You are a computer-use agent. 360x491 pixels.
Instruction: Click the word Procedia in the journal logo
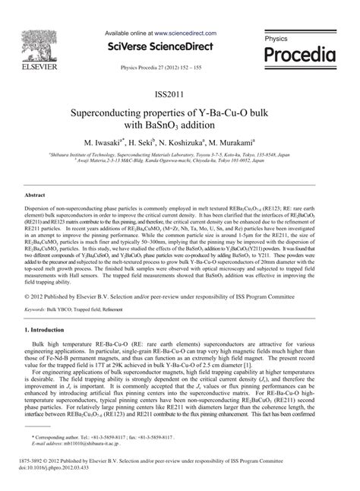click(x=298, y=55)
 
